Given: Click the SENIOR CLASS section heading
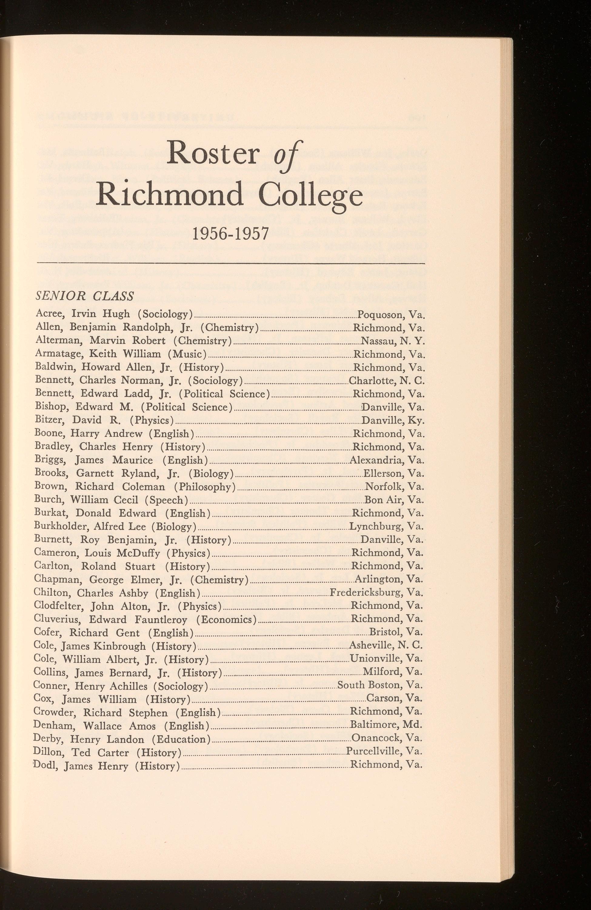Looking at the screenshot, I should click(85, 295).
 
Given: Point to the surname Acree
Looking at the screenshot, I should click(48, 314).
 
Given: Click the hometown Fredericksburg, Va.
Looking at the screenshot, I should click(376, 593).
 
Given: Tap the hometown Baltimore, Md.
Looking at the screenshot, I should click(386, 725).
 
